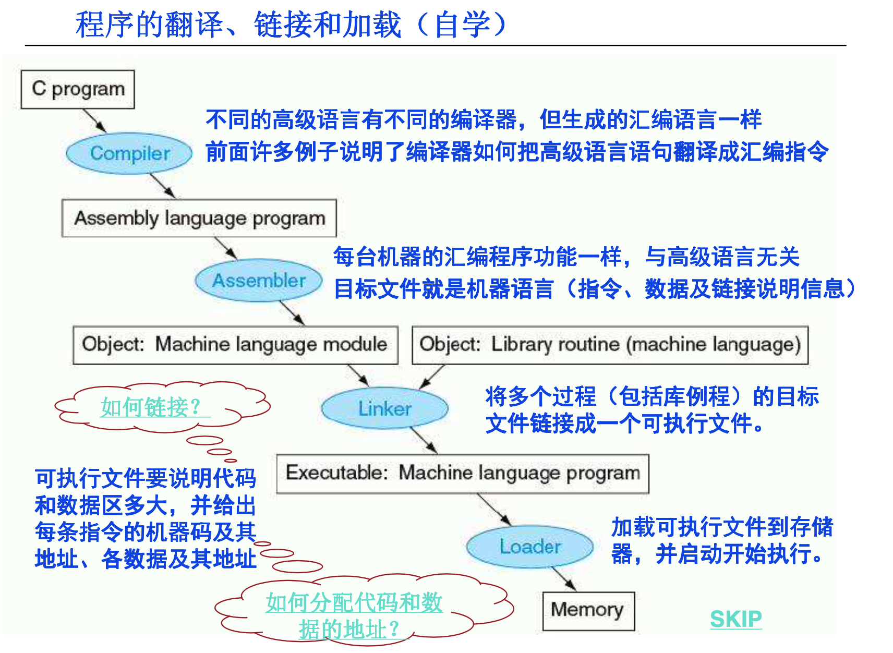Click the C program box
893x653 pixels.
(78, 89)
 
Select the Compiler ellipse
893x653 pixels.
(129, 153)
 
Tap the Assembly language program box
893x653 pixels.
(199, 218)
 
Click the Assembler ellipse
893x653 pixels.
(259, 281)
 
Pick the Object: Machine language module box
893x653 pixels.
(235, 345)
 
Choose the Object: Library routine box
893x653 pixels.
(610, 345)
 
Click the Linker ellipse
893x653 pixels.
(384, 408)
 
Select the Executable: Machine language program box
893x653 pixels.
(463, 473)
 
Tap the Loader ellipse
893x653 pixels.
(530, 547)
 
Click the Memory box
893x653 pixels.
(588, 610)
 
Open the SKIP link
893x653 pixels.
(735, 619)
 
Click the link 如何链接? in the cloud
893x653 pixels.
(151, 407)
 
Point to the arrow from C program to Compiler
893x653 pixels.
(95, 120)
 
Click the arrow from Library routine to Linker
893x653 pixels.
(432, 376)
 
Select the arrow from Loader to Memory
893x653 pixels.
(564, 579)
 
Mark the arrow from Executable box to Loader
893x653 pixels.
(494, 509)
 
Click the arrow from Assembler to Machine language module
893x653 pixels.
(292, 313)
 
